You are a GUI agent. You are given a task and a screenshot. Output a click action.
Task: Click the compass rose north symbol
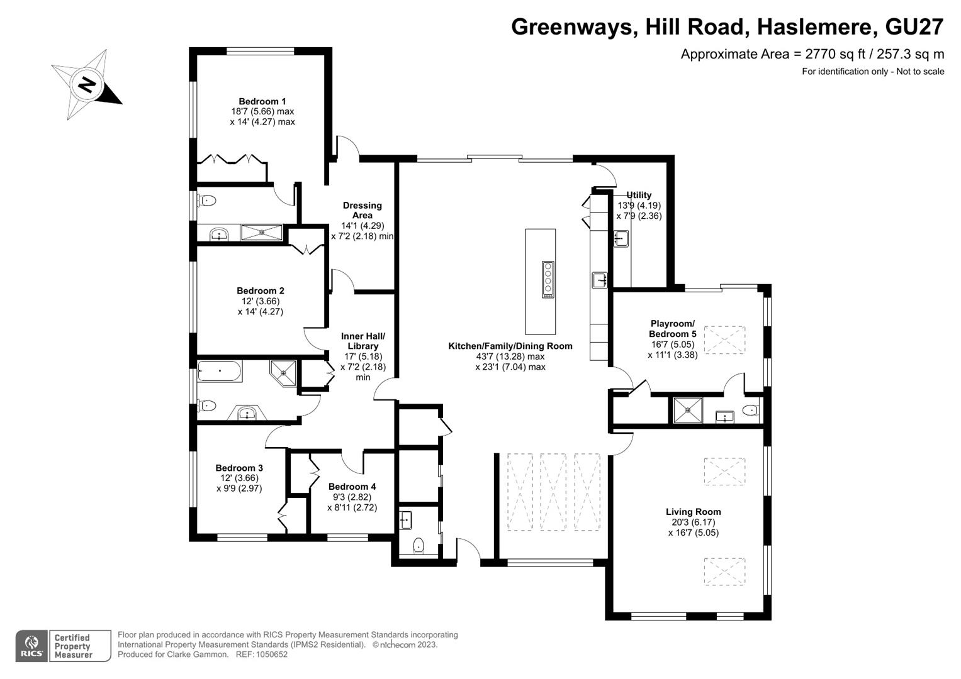click(x=87, y=84)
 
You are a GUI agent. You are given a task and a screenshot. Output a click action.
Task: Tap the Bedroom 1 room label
click(x=262, y=101)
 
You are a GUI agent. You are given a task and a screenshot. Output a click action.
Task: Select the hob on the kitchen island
click(x=548, y=279)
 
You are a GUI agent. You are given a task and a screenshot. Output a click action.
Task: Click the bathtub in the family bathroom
click(x=219, y=371)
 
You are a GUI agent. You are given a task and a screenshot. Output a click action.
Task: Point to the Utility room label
click(x=639, y=195)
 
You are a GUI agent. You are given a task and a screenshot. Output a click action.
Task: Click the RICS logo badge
click(x=31, y=646)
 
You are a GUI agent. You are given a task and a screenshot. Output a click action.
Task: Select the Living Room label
click(x=693, y=512)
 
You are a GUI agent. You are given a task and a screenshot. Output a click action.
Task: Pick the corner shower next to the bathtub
click(x=283, y=372)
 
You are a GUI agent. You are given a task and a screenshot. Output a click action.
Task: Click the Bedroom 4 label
click(x=352, y=487)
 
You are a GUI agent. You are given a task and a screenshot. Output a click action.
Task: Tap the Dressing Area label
click(x=362, y=210)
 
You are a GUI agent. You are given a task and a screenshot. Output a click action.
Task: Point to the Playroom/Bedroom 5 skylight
click(x=724, y=340)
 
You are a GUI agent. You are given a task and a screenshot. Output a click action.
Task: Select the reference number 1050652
click(x=271, y=654)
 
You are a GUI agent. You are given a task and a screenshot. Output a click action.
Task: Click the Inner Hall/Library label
click(x=363, y=341)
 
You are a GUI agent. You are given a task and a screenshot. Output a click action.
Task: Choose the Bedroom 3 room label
click(x=239, y=468)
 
